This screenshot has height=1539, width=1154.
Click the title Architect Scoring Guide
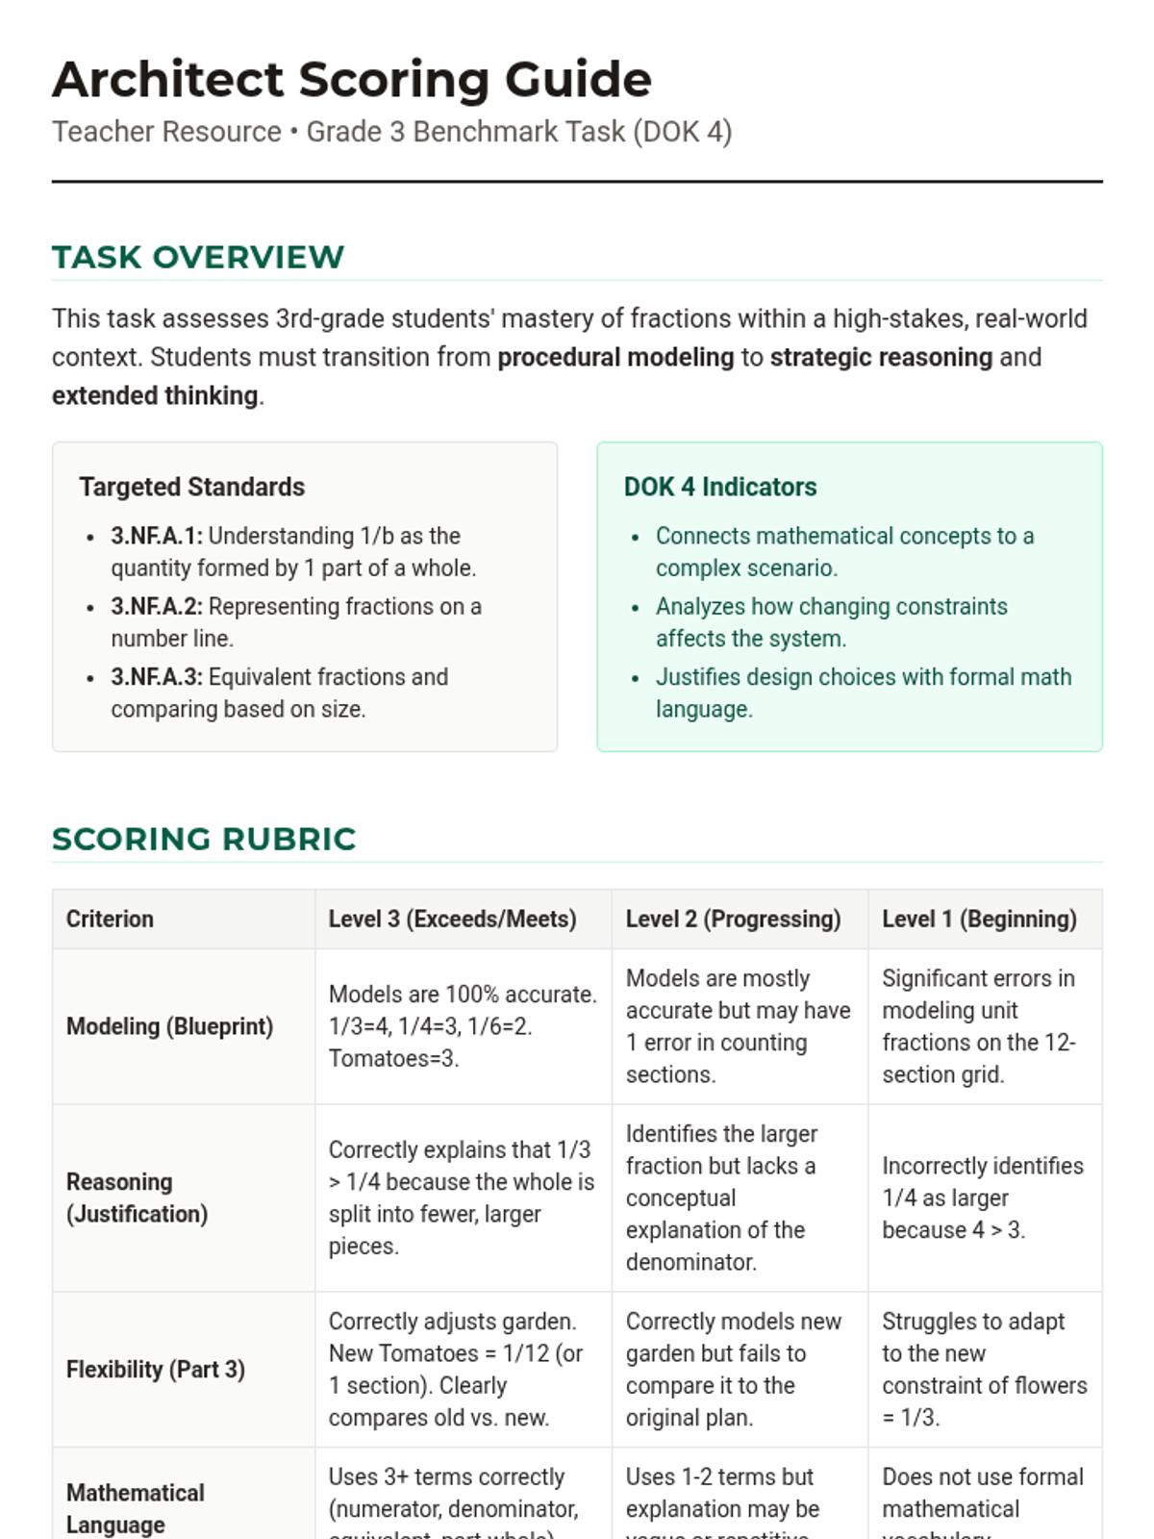point(352,79)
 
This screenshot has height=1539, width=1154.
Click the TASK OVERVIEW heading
point(198,257)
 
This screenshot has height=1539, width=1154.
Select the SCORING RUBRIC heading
point(204,839)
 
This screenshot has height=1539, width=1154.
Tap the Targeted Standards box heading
point(192,487)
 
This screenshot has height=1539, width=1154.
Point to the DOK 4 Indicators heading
point(720,487)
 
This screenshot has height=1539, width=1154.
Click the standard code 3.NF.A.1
point(157,536)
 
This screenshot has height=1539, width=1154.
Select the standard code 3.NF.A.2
point(157,607)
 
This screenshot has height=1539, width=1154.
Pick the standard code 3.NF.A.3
point(157,677)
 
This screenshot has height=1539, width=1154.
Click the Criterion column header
point(110,919)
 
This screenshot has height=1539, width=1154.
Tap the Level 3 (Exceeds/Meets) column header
point(452,919)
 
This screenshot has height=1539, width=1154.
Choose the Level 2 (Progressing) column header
point(733,919)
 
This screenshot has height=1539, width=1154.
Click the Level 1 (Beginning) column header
point(979,919)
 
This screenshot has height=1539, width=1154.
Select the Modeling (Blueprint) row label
point(169,1026)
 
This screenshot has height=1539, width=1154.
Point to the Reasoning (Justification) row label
point(137,1198)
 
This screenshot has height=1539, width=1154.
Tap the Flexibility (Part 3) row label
point(156,1369)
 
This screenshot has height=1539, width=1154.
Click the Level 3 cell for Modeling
point(462,1026)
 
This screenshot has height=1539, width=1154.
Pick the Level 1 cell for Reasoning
point(983,1198)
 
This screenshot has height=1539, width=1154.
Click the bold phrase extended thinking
point(155,395)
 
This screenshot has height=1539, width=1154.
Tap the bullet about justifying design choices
point(863,693)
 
